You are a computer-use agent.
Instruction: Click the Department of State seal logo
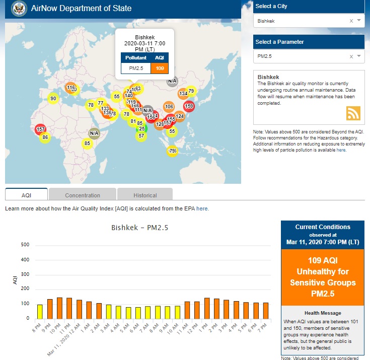tap(19, 8)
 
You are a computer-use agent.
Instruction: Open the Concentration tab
tap(83, 195)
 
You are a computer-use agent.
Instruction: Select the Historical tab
tap(145, 195)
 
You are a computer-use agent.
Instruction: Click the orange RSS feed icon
tap(353, 113)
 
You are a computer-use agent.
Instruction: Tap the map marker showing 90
tap(53, 99)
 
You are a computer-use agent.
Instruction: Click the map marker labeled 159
tap(189, 106)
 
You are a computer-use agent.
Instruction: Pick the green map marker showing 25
tap(142, 128)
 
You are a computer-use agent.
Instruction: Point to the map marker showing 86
tap(45, 137)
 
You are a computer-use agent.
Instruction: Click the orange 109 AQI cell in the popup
tap(160, 68)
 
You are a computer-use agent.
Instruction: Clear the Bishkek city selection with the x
tap(351, 21)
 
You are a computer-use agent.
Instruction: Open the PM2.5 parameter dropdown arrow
tap(359, 56)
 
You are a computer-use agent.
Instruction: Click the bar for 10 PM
tap(59, 308)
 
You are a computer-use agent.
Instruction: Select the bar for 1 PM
tap(207, 308)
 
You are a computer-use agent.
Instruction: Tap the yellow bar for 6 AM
tap(138, 312)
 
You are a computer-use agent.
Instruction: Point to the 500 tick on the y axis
tap(25, 245)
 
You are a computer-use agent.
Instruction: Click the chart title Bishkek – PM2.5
tap(139, 228)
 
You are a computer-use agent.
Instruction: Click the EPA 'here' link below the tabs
tap(202, 208)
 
